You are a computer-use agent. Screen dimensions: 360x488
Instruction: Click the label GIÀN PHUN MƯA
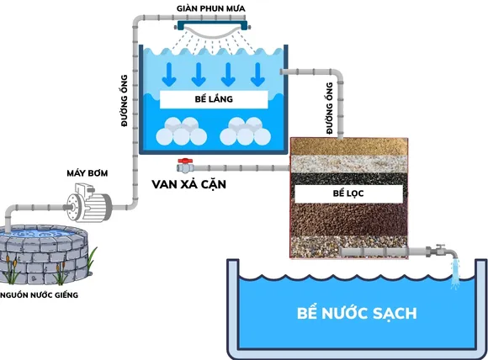(210, 8)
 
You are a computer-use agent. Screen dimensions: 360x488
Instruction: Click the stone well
(47, 252)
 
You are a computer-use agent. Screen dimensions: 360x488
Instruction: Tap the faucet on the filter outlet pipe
(440, 250)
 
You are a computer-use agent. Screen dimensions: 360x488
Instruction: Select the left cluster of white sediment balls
(179, 133)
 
